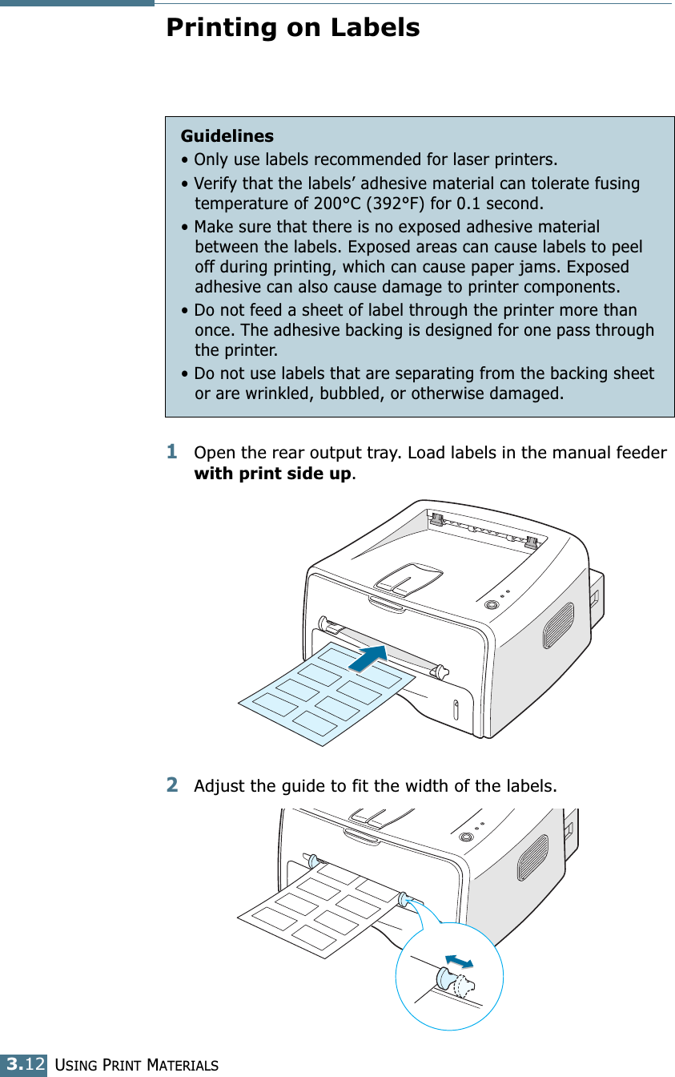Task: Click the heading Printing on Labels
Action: [x=292, y=28]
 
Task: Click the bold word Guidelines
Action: [x=227, y=136]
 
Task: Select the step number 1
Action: [x=172, y=453]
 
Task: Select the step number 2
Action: [x=172, y=785]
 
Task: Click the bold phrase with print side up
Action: [x=272, y=474]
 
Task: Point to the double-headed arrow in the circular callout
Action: [x=460, y=960]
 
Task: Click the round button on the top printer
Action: [x=491, y=605]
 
